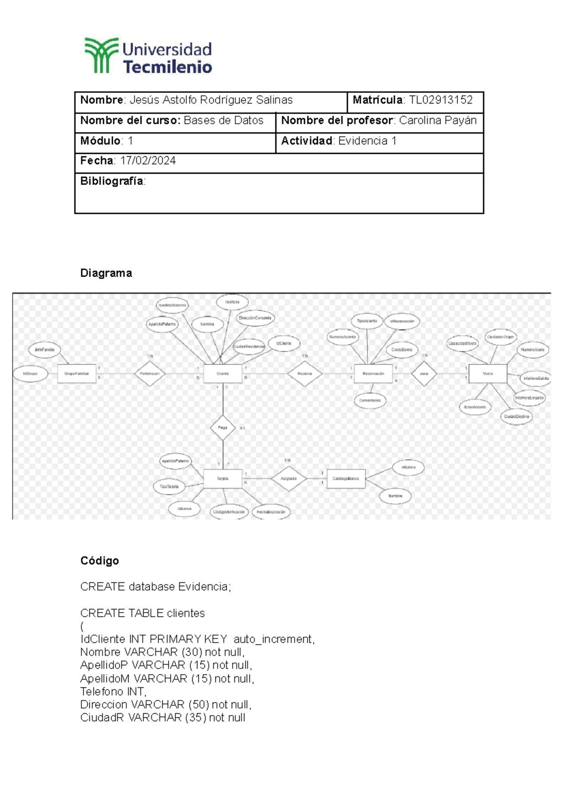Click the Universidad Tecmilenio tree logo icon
pos(101,55)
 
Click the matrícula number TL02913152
pos(440,100)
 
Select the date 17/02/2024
pos(148,161)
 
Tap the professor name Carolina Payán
pos(438,120)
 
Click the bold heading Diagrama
pos(106,273)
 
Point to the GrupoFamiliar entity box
pos(77,374)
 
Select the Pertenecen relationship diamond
pos(149,374)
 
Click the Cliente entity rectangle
pos(223,374)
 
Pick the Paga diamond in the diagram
pos(223,428)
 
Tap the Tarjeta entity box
pos(223,478)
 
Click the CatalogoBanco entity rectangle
pos(346,478)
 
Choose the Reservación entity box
pos(373,374)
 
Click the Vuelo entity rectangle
pos(488,374)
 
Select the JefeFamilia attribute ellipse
pos(45,350)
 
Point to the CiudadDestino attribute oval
pos(516,416)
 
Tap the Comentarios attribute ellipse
pos(370,400)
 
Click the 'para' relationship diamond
pos(424,374)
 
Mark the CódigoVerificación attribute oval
pos(229,512)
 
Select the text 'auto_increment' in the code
pos(273,639)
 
